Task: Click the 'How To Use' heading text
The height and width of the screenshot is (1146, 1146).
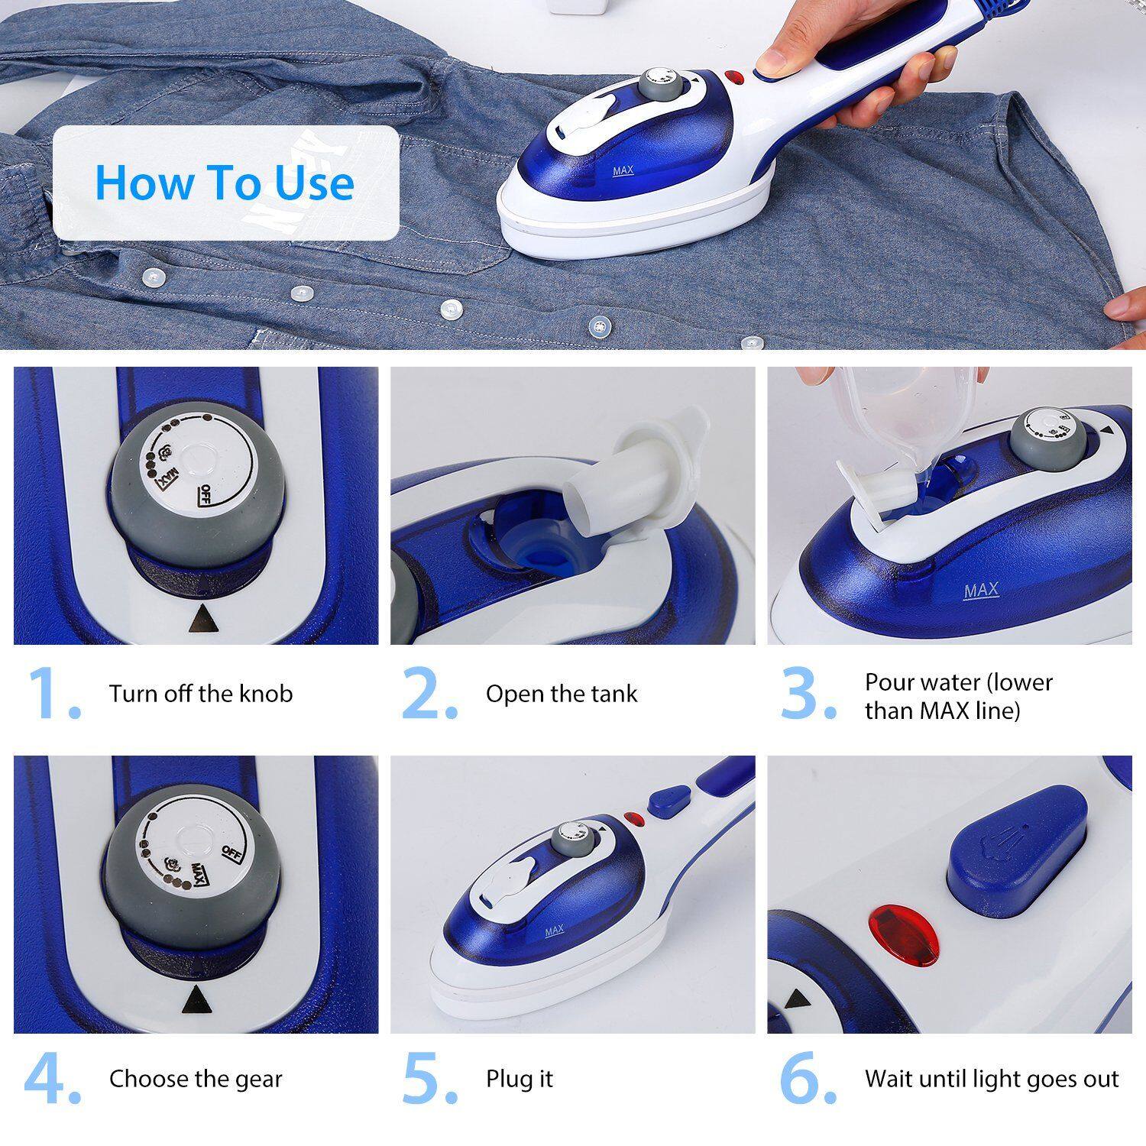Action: pos(225,183)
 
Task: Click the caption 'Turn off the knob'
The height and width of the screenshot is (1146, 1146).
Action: pos(200,694)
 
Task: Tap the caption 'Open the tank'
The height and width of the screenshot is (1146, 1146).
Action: pos(561,694)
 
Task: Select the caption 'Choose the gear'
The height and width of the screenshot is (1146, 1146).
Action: pos(196,1079)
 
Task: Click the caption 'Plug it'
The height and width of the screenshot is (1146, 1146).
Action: pos(519,1079)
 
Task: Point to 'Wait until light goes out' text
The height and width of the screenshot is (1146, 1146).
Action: pos(992,1079)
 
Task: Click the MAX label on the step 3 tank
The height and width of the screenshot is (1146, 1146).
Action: pos(981,591)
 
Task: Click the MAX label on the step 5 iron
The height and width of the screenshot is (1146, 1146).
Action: pos(555,931)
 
